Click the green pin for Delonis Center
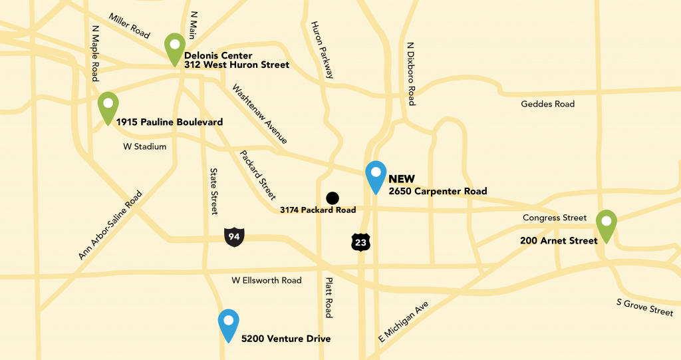click(175, 47)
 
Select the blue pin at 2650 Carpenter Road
click(376, 176)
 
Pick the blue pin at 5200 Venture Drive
click(229, 324)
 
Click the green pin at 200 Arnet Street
click(606, 224)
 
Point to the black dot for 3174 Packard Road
click(333, 198)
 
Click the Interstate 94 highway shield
click(234, 236)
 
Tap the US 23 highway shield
click(360, 242)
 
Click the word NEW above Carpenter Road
click(401, 179)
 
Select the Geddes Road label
click(547, 104)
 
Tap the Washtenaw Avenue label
click(260, 114)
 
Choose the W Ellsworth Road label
click(266, 280)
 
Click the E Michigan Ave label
click(403, 322)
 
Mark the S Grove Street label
click(644, 307)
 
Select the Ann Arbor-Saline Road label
click(110, 226)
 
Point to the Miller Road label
click(130, 26)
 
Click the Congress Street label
click(555, 218)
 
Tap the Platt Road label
click(327, 297)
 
